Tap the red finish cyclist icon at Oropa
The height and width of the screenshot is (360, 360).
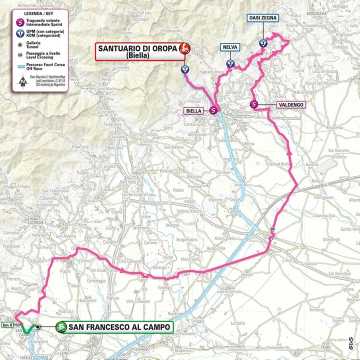[185, 48]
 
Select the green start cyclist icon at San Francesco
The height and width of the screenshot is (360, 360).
[61, 327]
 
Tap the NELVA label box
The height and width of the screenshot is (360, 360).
[230, 47]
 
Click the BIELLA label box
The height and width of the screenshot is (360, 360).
[193, 111]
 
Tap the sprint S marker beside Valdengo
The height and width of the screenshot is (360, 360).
[254, 104]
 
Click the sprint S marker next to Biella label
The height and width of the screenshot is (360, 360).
[213, 110]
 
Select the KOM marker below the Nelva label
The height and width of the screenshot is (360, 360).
[230, 63]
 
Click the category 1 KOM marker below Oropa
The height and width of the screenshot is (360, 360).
[185, 69]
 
